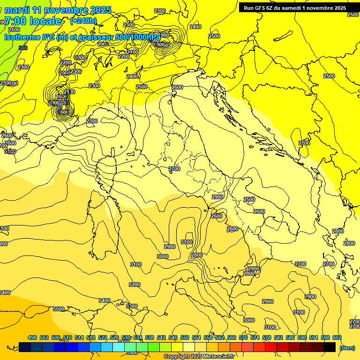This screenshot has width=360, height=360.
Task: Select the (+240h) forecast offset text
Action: coord(83,21)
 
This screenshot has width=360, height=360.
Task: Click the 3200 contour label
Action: coord(135,285)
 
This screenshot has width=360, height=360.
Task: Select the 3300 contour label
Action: coord(132,306)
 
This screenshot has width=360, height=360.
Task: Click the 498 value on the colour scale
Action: coord(32,337)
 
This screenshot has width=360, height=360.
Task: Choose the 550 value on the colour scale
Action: coord(185,337)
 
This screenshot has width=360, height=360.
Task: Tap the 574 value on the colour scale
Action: coord(255,337)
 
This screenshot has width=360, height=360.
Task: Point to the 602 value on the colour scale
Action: coord(337,337)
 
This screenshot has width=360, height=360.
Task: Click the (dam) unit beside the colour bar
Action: coord(347,348)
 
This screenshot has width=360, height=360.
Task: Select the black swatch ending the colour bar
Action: coord(330,347)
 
